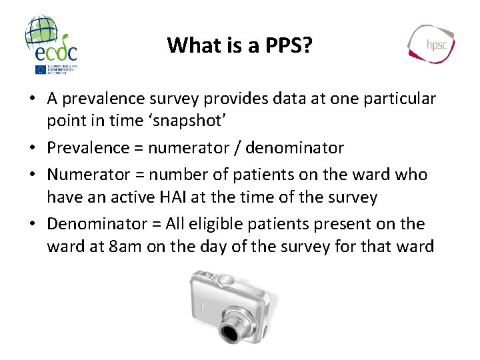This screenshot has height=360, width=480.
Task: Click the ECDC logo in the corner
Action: [x=51, y=40]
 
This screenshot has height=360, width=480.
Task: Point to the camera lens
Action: [x=232, y=331]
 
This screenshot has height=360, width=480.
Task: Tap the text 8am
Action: [x=123, y=247]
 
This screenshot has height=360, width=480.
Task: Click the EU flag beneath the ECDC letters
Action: [x=41, y=69]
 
